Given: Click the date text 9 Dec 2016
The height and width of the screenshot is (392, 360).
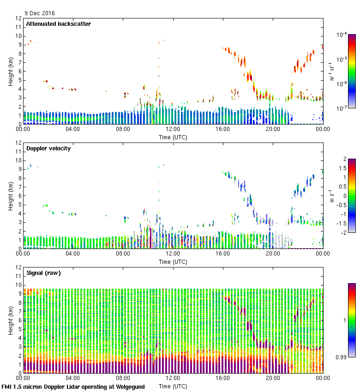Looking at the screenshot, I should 39,13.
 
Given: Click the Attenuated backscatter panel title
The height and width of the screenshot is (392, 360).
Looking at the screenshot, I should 59,24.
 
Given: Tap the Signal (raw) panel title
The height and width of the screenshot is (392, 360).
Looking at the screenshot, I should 44,273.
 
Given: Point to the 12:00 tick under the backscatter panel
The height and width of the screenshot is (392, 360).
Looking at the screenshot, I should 173,130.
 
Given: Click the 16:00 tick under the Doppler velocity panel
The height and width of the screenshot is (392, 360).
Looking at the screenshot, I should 222,254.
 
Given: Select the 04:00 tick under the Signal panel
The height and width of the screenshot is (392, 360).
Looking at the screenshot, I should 73,379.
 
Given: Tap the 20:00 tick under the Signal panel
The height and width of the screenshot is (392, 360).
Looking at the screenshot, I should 273,379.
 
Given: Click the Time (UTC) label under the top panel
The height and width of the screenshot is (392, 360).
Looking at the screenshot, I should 173,137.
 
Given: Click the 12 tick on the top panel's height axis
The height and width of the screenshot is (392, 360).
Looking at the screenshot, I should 18,18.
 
